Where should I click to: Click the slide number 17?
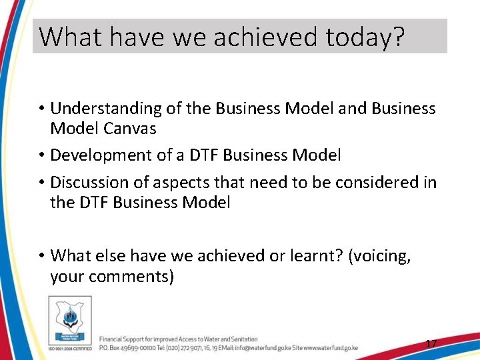(x=431, y=344)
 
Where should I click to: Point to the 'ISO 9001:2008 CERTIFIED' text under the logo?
(x=69, y=347)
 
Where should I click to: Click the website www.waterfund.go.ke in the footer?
(x=331, y=348)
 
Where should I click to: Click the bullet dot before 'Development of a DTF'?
(x=41, y=156)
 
